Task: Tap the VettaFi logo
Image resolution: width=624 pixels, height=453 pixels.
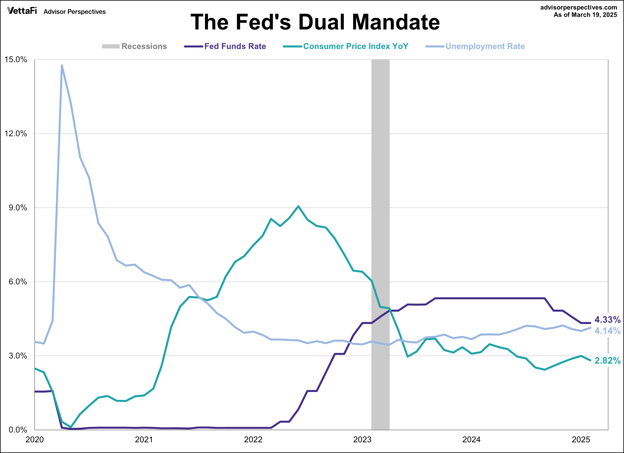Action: tap(22, 11)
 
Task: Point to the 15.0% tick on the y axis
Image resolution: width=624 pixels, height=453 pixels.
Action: tap(16, 60)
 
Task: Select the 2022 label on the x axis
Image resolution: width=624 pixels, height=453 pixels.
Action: tap(253, 439)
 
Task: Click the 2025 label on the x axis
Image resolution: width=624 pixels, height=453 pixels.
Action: tap(581, 439)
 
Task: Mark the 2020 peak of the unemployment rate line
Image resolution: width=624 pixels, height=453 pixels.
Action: tap(62, 65)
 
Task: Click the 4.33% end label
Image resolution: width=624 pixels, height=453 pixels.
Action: tap(607, 320)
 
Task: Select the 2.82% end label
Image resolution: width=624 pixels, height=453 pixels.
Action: tap(607, 360)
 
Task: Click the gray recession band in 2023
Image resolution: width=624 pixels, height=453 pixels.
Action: tap(380, 193)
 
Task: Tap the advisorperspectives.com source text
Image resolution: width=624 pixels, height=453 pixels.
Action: tap(579, 7)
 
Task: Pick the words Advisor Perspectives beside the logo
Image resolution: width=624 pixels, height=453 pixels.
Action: tap(75, 12)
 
